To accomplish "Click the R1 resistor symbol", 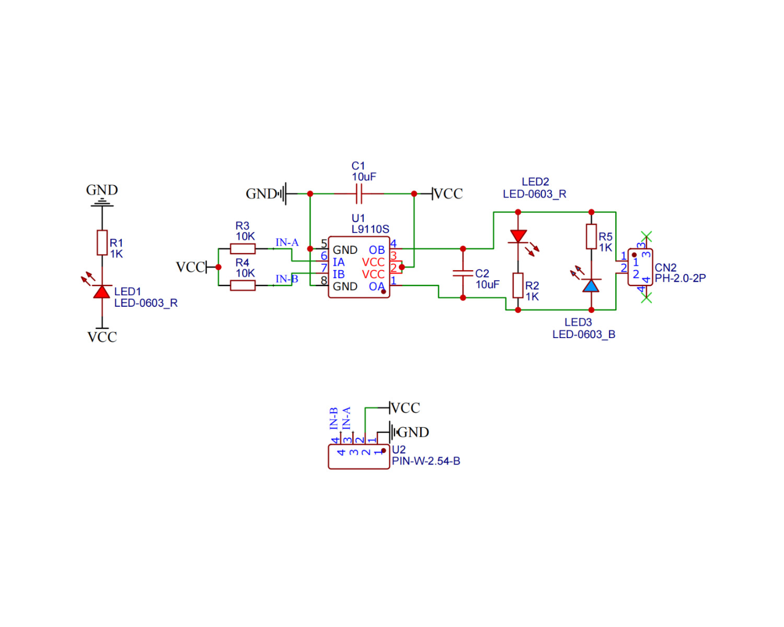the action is coord(102,242).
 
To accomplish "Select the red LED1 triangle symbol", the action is coord(102,292).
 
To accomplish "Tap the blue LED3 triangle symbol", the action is coord(591,286).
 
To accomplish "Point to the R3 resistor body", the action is coord(243,249).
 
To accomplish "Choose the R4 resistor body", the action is coord(243,286).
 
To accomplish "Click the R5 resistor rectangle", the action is coord(591,237).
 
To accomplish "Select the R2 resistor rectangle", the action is coord(518,286).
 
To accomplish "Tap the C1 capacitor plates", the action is coord(359,194).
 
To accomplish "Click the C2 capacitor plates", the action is coord(463,273).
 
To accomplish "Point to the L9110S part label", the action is coord(370,229).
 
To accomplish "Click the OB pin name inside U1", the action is coord(377,250).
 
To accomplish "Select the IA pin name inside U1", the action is coord(339,262).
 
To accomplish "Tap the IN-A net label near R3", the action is coord(287,242).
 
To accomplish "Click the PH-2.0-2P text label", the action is coord(680,278).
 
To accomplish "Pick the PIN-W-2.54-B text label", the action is coord(426,461).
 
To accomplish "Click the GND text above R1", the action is coord(102,190).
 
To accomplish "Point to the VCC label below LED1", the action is coord(102,338).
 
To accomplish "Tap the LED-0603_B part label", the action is coord(584,334).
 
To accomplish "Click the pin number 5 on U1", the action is coord(324,243).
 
